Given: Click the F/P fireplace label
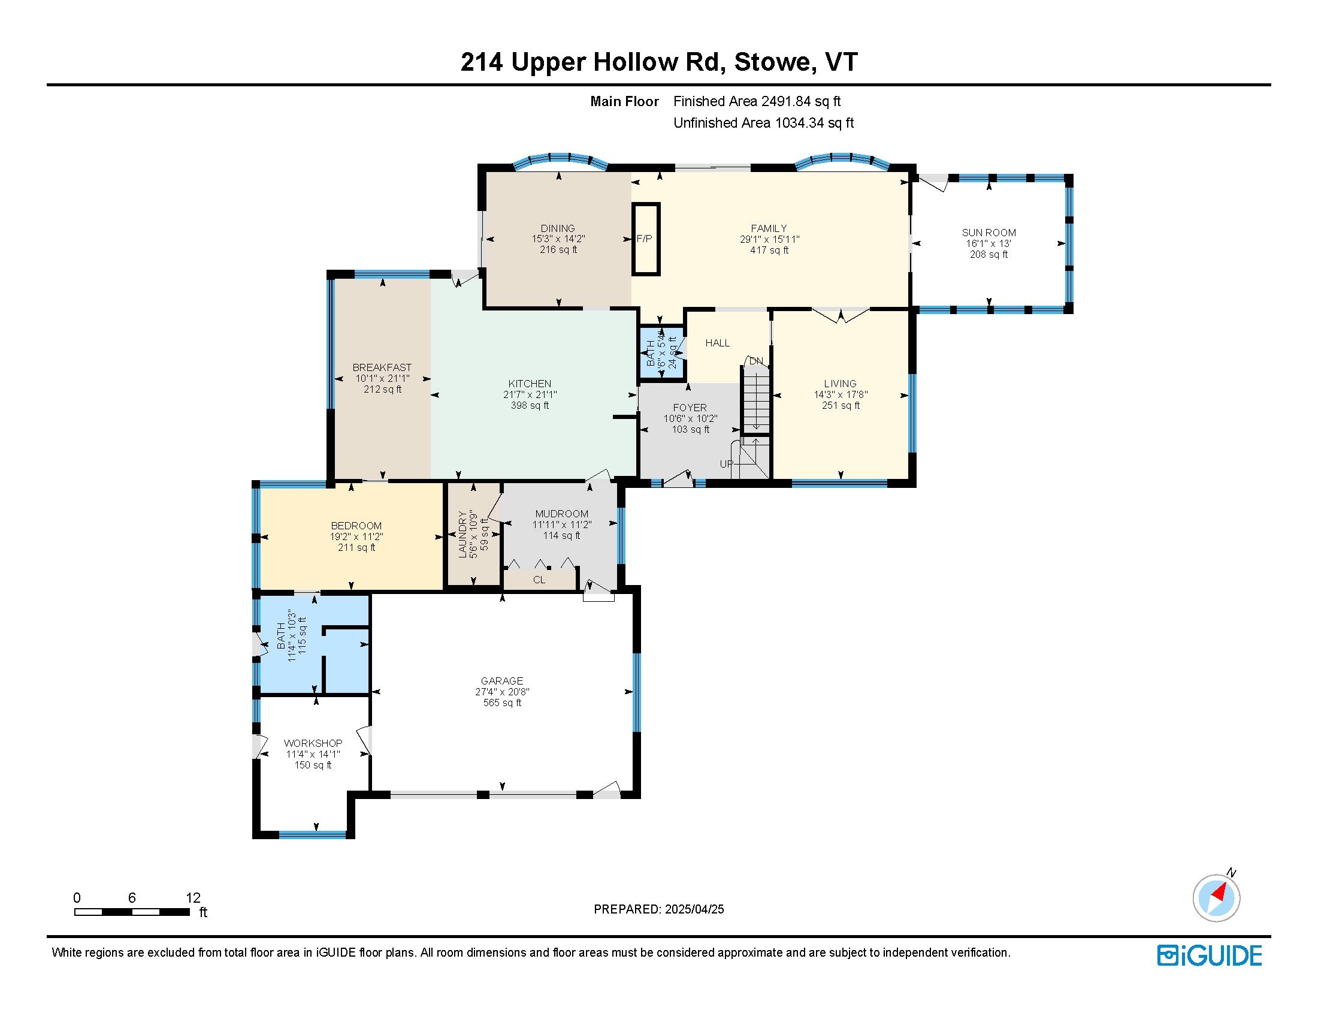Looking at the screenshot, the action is [x=645, y=239].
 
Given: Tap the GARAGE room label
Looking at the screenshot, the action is [x=502, y=681].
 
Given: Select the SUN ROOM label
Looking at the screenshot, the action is [x=988, y=233].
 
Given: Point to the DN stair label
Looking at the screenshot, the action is [x=756, y=361].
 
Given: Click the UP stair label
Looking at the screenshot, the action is [x=727, y=464].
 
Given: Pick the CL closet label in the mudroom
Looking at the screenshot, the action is [x=539, y=580].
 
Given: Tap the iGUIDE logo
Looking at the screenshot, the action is [x=1210, y=955].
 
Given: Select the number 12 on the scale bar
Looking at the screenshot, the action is [x=193, y=898].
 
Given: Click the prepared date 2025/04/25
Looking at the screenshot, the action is [x=694, y=909].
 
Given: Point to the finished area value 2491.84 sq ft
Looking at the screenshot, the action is [x=801, y=101].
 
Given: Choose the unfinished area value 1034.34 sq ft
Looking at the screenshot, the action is [x=814, y=123].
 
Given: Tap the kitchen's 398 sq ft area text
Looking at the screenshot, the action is [x=530, y=406].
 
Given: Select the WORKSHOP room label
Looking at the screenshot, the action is [x=313, y=743].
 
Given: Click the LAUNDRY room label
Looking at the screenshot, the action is [x=463, y=534].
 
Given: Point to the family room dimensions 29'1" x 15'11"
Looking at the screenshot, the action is [x=769, y=239].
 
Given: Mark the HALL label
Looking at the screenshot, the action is [x=718, y=343].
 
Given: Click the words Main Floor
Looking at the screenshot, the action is [x=625, y=101].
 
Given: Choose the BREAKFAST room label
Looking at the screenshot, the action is [x=382, y=367].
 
